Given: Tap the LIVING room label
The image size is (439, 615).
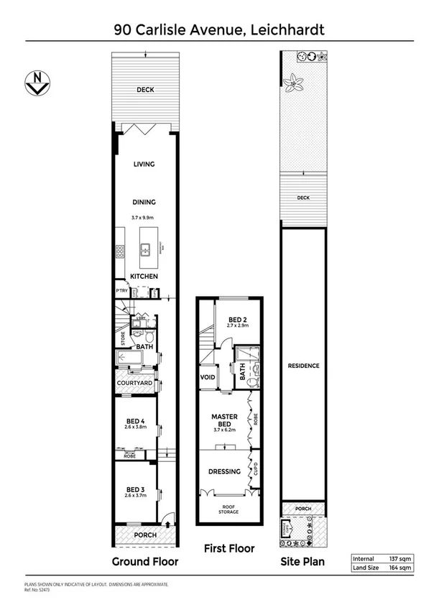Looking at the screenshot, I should [144, 165].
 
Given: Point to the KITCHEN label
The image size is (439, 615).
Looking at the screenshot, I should [144, 277].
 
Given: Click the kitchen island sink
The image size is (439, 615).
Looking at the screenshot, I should [145, 250].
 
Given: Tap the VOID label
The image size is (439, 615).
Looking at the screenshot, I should [208, 377].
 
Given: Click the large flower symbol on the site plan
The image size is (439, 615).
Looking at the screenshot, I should [294, 84].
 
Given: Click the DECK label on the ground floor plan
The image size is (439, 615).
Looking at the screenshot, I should [145, 90].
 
